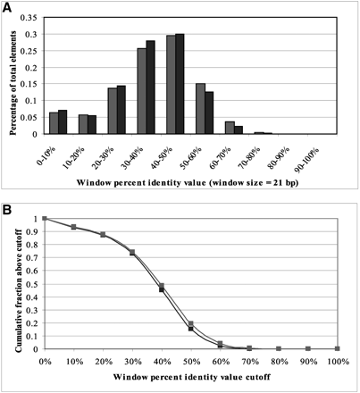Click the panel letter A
click(x=7, y=8)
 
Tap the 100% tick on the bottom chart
click(x=338, y=363)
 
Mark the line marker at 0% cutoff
click(x=45, y=218)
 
